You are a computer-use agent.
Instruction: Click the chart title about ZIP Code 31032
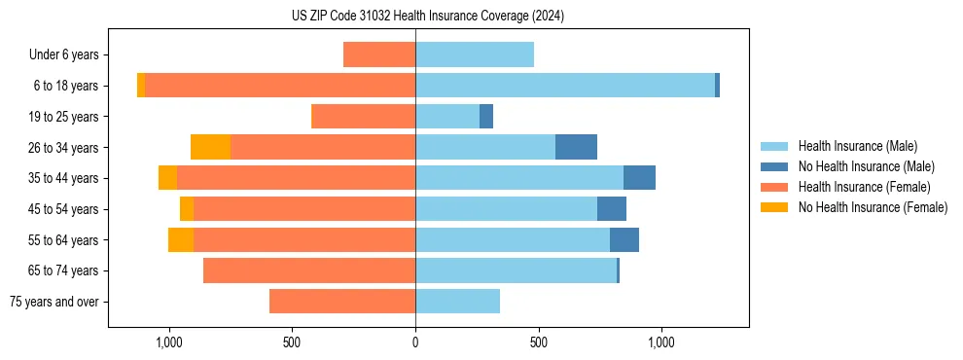[428, 17]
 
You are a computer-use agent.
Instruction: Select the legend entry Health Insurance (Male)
[857, 146]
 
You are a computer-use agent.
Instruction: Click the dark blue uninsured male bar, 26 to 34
[576, 147]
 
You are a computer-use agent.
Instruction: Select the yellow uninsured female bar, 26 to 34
[210, 147]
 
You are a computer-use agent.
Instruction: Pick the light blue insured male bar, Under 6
[475, 54]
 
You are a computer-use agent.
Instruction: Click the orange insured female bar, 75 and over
[342, 302]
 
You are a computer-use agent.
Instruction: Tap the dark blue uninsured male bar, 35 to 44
[639, 178]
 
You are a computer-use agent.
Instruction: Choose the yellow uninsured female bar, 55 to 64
[181, 239]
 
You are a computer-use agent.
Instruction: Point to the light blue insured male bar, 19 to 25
[447, 117]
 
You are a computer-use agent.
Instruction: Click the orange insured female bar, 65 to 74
[309, 270]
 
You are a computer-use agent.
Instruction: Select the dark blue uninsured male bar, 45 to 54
[612, 209]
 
